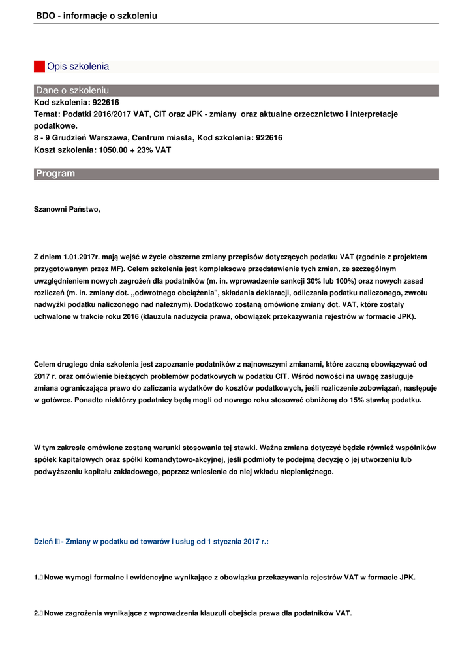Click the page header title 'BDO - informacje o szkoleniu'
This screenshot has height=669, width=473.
click(x=97, y=15)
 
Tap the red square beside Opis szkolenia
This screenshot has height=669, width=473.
click(x=39, y=67)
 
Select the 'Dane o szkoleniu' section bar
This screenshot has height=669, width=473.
click(x=236, y=90)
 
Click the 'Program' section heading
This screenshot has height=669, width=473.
click(x=55, y=174)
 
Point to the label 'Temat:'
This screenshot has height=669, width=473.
click(x=47, y=114)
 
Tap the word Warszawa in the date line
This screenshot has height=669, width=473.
click(x=108, y=138)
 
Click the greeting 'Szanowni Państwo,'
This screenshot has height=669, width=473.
click(x=67, y=210)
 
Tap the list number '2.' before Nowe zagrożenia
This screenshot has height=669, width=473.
click(x=37, y=613)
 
